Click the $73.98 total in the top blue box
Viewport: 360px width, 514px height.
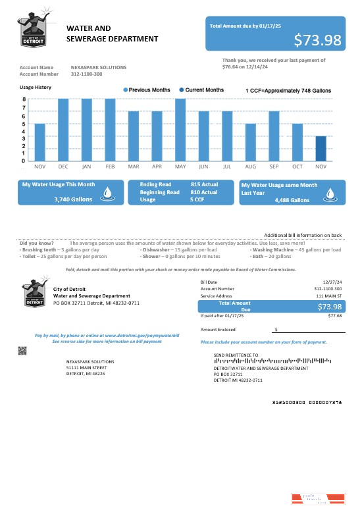pyautogui.click(x=317, y=40)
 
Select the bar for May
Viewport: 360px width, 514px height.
pyautogui.click(x=180, y=130)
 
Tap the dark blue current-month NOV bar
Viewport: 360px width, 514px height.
pyautogui.click(x=321, y=149)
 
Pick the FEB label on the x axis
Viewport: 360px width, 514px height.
pyautogui.click(x=110, y=167)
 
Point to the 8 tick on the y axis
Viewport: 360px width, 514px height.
pyautogui.click(x=24, y=99)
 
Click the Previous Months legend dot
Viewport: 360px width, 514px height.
pyautogui.click(x=125, y=90)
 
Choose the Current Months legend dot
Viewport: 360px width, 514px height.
pyautogui.click(x=181, y=90)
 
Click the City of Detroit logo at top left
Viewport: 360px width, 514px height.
pyautogui.click(x=32, y=32)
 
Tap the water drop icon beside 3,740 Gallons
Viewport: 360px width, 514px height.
pyautogui.click(x=109, y=193)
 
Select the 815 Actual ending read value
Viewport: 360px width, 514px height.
pyautogui.click(x=204, y=184)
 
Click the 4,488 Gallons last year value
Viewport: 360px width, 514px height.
pyautogui.click(x=292, y=200)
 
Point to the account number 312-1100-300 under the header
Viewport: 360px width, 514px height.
pyautogui.click(x=86, y=74)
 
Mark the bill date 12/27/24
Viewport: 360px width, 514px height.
pyautogui.click(x=333, y=282)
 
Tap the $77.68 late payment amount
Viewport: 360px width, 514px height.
pyautogui.click(x=335, y=316)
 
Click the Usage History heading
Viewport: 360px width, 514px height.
pyautogui.click(x=36, y=87)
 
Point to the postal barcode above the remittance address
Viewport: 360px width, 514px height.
pyautogui.click(x=272, y=361)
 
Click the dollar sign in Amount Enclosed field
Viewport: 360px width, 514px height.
pyautogui.click(x=276, y=328)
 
